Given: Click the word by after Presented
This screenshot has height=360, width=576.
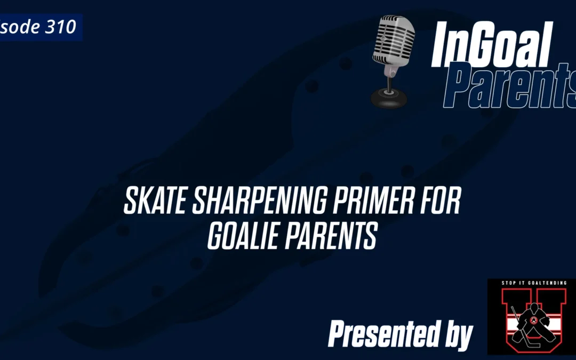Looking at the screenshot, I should pyautogui.click(x=456, y=335).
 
